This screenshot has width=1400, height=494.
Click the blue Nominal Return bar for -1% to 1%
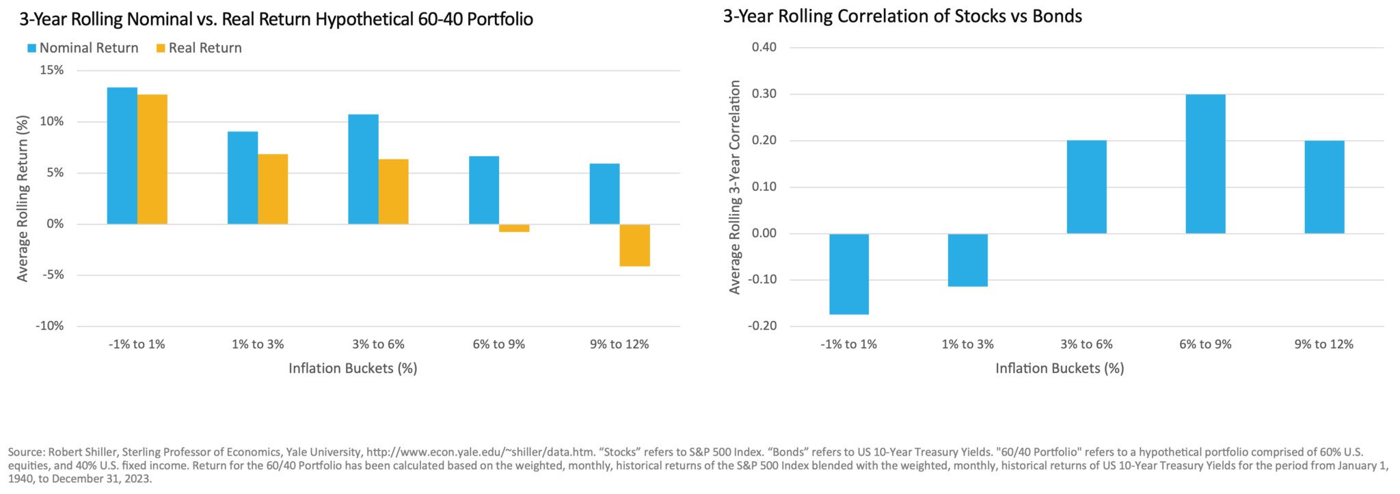click(122, 155)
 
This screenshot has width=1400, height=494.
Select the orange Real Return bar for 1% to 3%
click(273, 189)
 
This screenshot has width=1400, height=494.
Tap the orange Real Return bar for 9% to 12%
click(635, 245)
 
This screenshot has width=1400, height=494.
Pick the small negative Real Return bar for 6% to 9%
click(515, 229)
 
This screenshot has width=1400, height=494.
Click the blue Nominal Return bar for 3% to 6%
click(363, 169)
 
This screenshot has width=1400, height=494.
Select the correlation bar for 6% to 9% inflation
click(1205, 164)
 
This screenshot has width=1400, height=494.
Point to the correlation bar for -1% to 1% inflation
click(849, 274)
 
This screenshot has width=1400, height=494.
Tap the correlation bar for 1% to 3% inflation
click(967, 260)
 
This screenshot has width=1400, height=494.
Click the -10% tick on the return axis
click(49, 326)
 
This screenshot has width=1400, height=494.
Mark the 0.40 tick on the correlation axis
click(764, 48)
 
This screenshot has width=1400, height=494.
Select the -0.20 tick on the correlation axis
click(762, 326)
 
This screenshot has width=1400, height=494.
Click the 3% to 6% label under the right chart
click(1086, 344)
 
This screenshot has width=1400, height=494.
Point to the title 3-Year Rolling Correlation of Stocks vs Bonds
click(902, 16)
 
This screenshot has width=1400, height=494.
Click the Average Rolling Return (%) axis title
click(23, 198)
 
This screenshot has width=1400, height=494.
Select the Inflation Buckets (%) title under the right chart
click(1059, 368)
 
